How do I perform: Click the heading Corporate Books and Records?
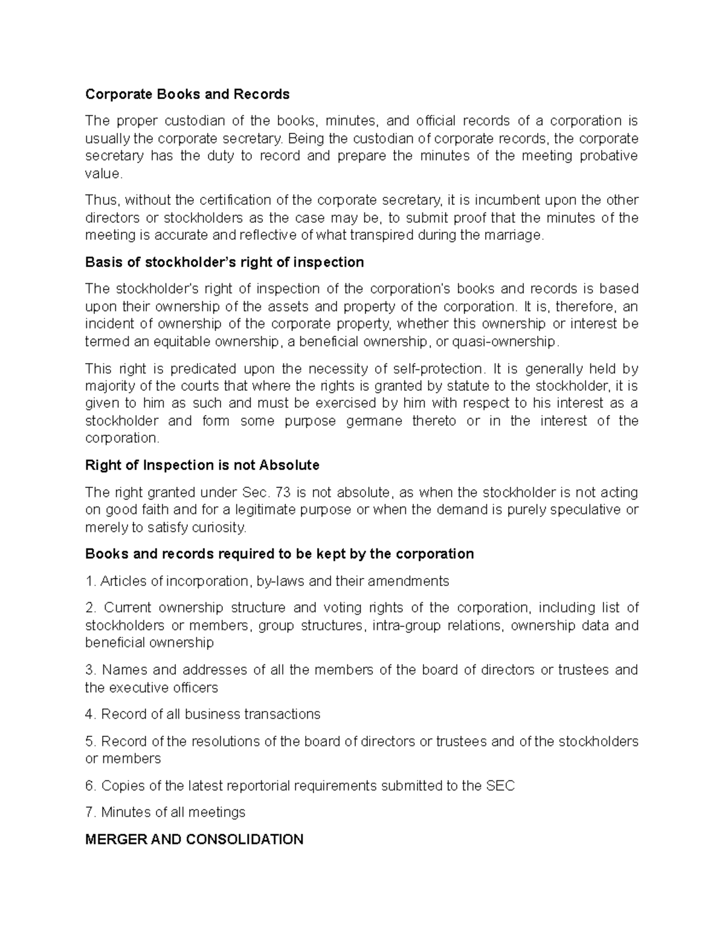tap(187, 94)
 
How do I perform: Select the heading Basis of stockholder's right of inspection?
tap(225, 262)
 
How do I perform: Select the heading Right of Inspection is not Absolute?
tap(202, 465)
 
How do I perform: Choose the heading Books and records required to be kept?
tap(279, 554)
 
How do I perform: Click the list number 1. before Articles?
tap(91, 582)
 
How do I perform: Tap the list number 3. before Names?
tap(91, 670)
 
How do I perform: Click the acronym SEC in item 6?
tap(500, 786)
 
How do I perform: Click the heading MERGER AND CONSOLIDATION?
tap(194, 840)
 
